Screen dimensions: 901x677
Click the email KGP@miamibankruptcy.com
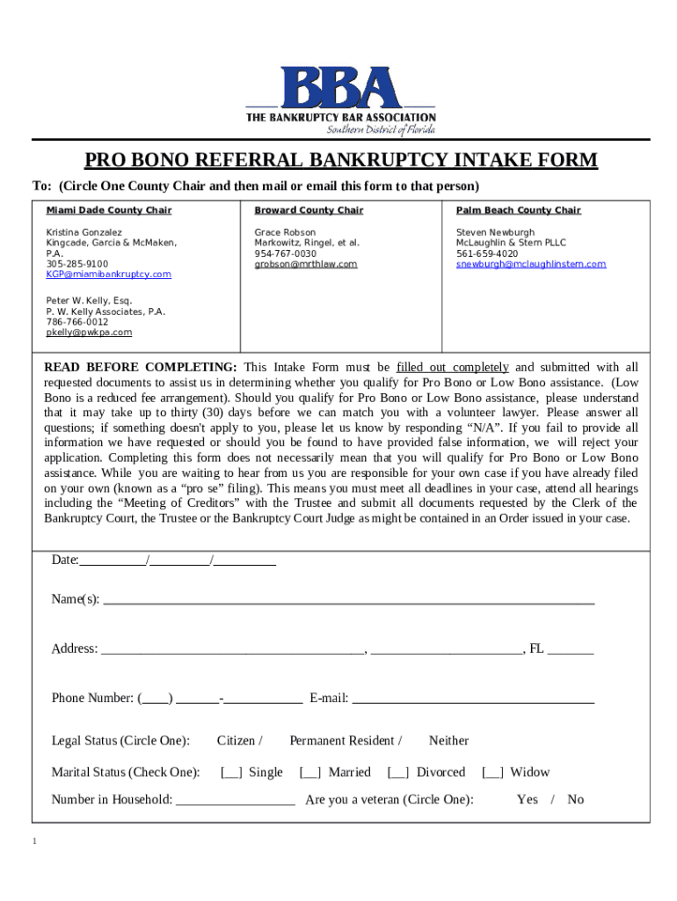(x=108, y=275)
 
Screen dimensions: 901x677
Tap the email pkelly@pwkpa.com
(x=89, y=333)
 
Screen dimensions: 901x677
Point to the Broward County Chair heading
(x=309, y=210)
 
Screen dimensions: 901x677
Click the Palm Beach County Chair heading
(x=518, y=210)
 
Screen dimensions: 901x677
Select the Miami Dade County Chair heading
(x=108, y=210)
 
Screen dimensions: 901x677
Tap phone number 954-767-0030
(x=285, y=253)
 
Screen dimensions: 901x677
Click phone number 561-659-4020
(x=486, y=253)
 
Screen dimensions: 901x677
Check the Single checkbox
(x=231, y=773)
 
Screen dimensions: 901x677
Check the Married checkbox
(x=309, y=773)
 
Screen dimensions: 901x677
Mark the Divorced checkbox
(x=397, y=773)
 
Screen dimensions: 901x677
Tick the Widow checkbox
(x=491, y=773)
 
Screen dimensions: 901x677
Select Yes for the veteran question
(x=527, y=800)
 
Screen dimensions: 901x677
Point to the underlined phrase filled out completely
(x=452, y=367)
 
